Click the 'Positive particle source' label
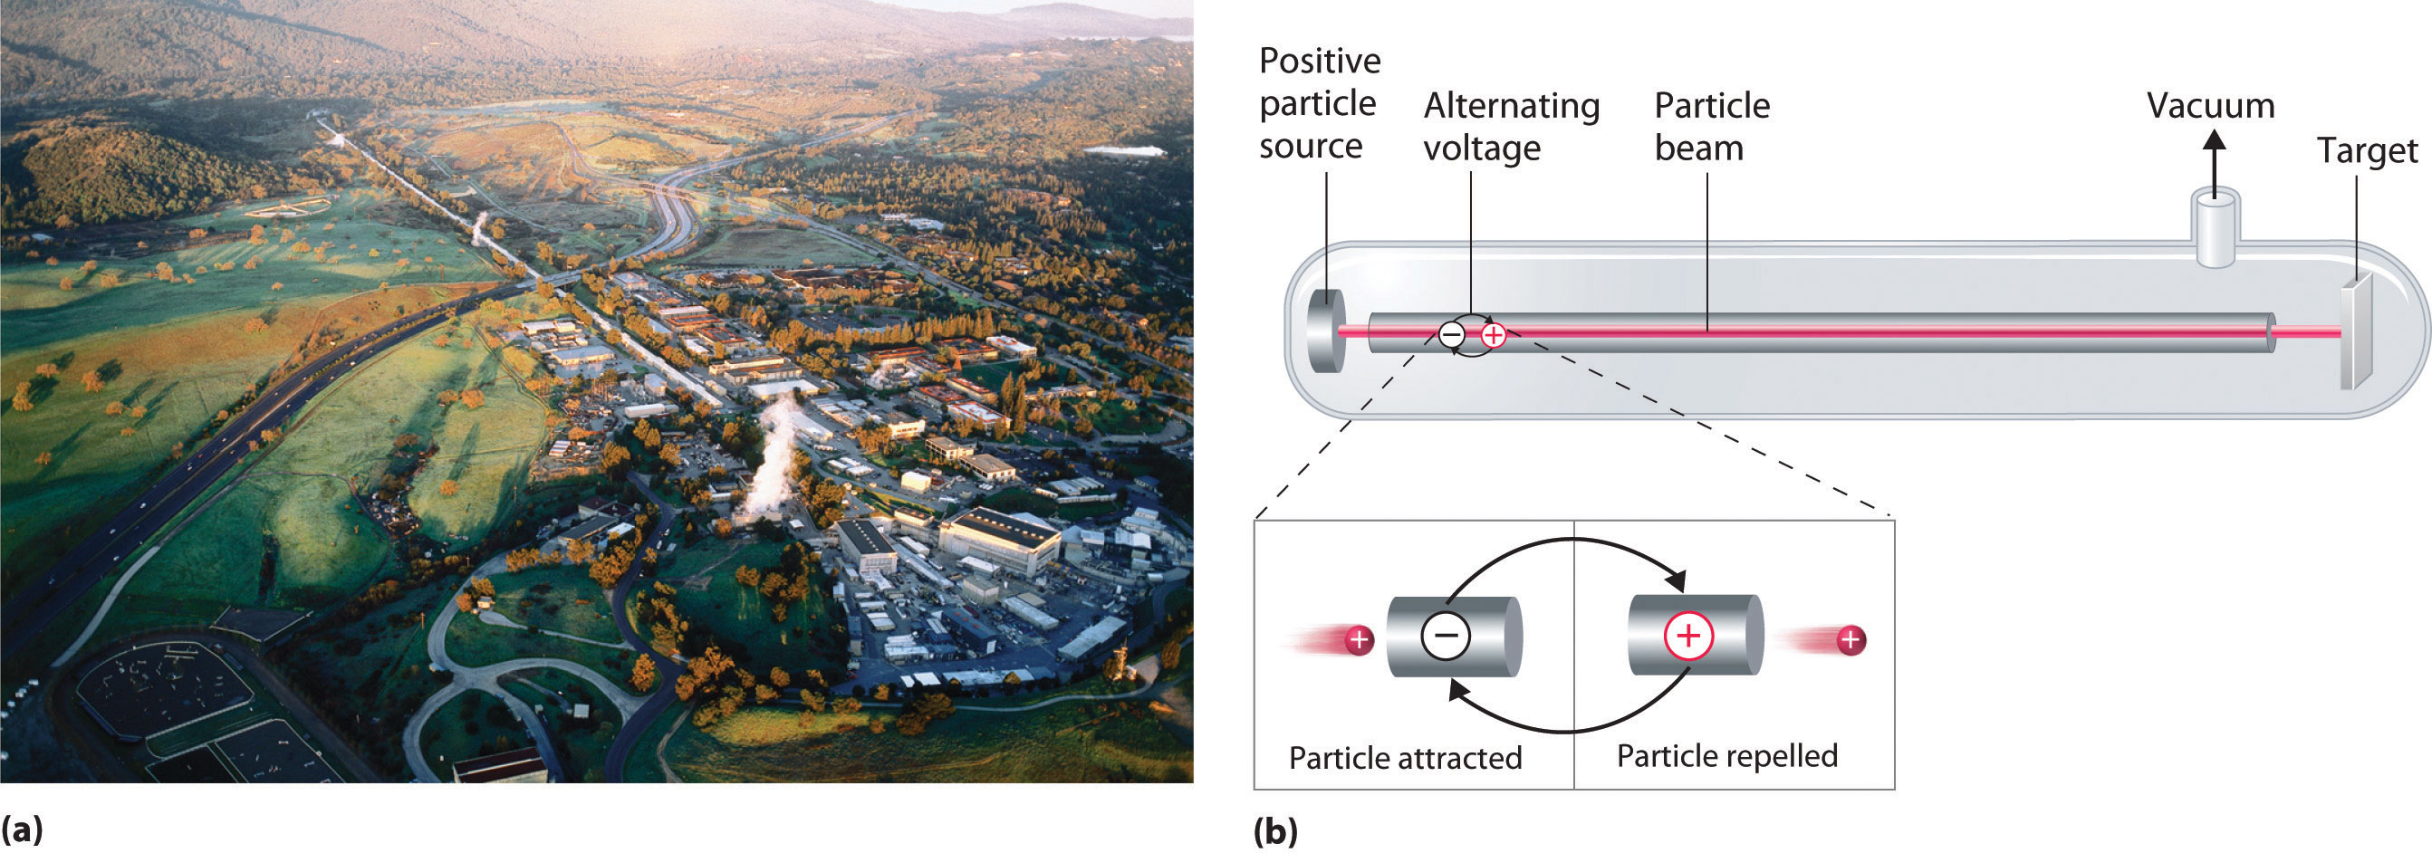pyautogui.click(x=1319, y=103)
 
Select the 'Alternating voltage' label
pyautogui.click(x=1511, y=127)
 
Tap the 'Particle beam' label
pyautogui.click(x=1712, y=127)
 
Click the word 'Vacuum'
pyautogui.click(x=2210, y=106)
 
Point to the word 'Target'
pyautogui.click(x=2367, y=151)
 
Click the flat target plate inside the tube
pyautogui.click(x=2355, y=332)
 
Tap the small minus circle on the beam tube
pyautogui.click(x=1451, y=334)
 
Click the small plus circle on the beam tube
pyautogui.click(x=1493, y=334)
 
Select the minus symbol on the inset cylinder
pyautogui.click(x=1446, y=636)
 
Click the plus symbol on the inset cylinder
pyautogui.click(x=1688, y=636)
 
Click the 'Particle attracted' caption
pyautogui.click(x=1405, y=758)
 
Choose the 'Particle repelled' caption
pyautogui.click(x=1726, y=756)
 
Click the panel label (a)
pyautogui.click(x=22, y=830)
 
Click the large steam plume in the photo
pyautogui.click(x=774, y=453)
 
